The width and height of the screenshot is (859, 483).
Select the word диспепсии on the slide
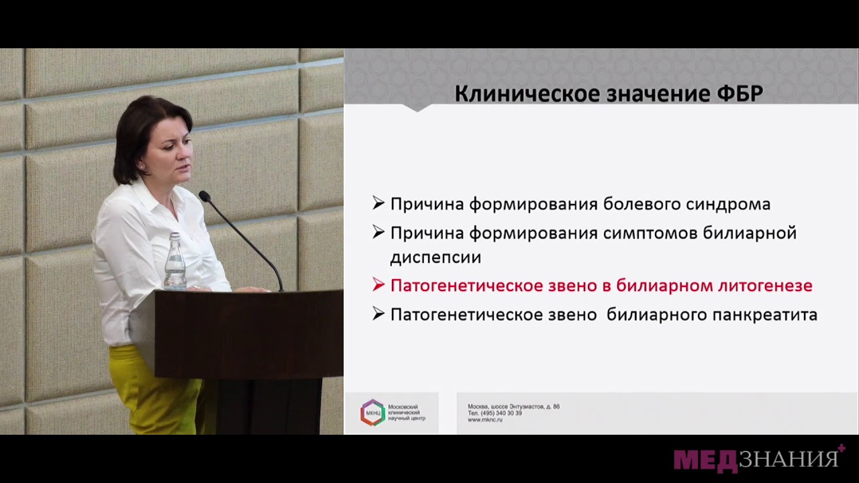tap(436, 257)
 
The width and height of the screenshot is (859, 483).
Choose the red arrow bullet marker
tap(378, 285)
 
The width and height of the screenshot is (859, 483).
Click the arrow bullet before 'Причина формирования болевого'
tap(378, 203)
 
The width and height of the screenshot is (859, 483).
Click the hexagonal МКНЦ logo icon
tap(372, 413)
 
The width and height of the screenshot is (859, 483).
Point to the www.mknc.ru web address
tap(485, 419)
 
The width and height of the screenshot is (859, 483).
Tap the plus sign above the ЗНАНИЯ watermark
tap(841, 448)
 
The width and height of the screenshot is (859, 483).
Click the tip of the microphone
tap(203, 196)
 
